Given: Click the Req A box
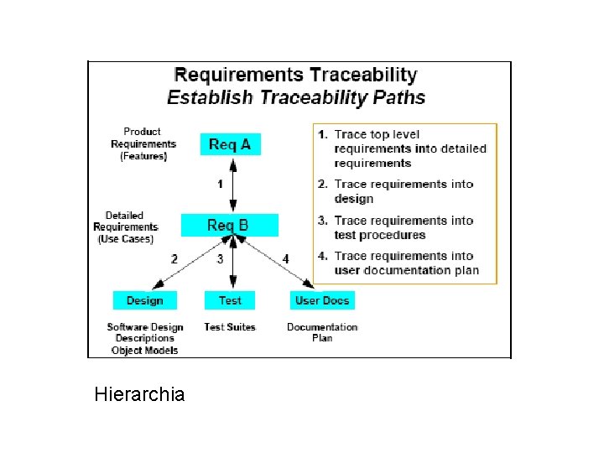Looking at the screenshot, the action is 229,144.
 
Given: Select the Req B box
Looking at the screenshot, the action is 229,226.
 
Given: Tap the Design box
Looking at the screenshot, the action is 144,300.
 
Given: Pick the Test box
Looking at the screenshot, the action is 230,300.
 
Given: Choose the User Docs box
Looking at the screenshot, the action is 322,300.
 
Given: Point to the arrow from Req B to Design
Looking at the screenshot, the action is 191,262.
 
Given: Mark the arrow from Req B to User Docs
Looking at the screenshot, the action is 277,263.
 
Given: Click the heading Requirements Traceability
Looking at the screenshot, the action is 295,75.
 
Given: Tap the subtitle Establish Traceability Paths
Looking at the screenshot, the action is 295,97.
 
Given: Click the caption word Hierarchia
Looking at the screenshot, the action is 140,393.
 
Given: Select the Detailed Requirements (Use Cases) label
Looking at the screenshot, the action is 125,226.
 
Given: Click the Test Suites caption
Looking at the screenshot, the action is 230,326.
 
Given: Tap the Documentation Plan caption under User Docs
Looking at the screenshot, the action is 322,332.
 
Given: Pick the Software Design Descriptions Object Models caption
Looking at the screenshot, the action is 144,338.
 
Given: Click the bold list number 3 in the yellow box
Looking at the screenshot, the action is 323,221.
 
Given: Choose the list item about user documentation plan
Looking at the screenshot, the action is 406,263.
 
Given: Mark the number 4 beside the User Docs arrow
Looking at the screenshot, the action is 285,259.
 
